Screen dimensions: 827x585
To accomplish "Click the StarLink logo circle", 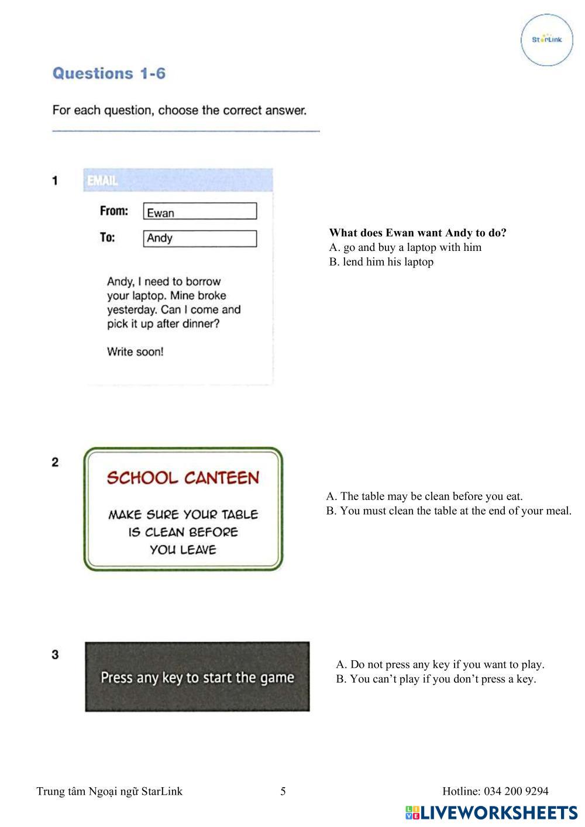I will point(546,40).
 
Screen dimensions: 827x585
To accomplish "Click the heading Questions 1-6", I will point(109,74).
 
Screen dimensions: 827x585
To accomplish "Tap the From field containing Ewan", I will point(199,212).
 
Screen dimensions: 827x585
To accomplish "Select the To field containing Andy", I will point(199,239).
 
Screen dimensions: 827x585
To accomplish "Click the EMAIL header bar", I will point(178,181).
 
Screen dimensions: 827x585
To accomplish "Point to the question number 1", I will point(55,181).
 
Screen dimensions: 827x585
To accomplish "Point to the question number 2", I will point(55,463).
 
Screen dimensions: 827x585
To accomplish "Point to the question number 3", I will point(55,654).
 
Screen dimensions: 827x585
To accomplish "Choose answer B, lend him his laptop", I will point(381,262).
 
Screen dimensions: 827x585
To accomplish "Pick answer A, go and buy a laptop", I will point(405,247).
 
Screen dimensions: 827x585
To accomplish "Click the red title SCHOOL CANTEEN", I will point(183,478).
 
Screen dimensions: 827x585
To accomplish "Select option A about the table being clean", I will point(424,497).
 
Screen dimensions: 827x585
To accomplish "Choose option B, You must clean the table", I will point(448,511).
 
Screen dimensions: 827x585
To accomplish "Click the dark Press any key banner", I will point(197,677).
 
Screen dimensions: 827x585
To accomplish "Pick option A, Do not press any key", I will point(440,664).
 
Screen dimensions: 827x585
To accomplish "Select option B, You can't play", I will point(436,679).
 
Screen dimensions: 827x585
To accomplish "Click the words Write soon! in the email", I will point(135,352).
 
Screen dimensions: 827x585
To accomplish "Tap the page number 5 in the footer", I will point(283,791).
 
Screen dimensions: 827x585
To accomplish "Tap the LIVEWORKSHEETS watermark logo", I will point(491,812).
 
